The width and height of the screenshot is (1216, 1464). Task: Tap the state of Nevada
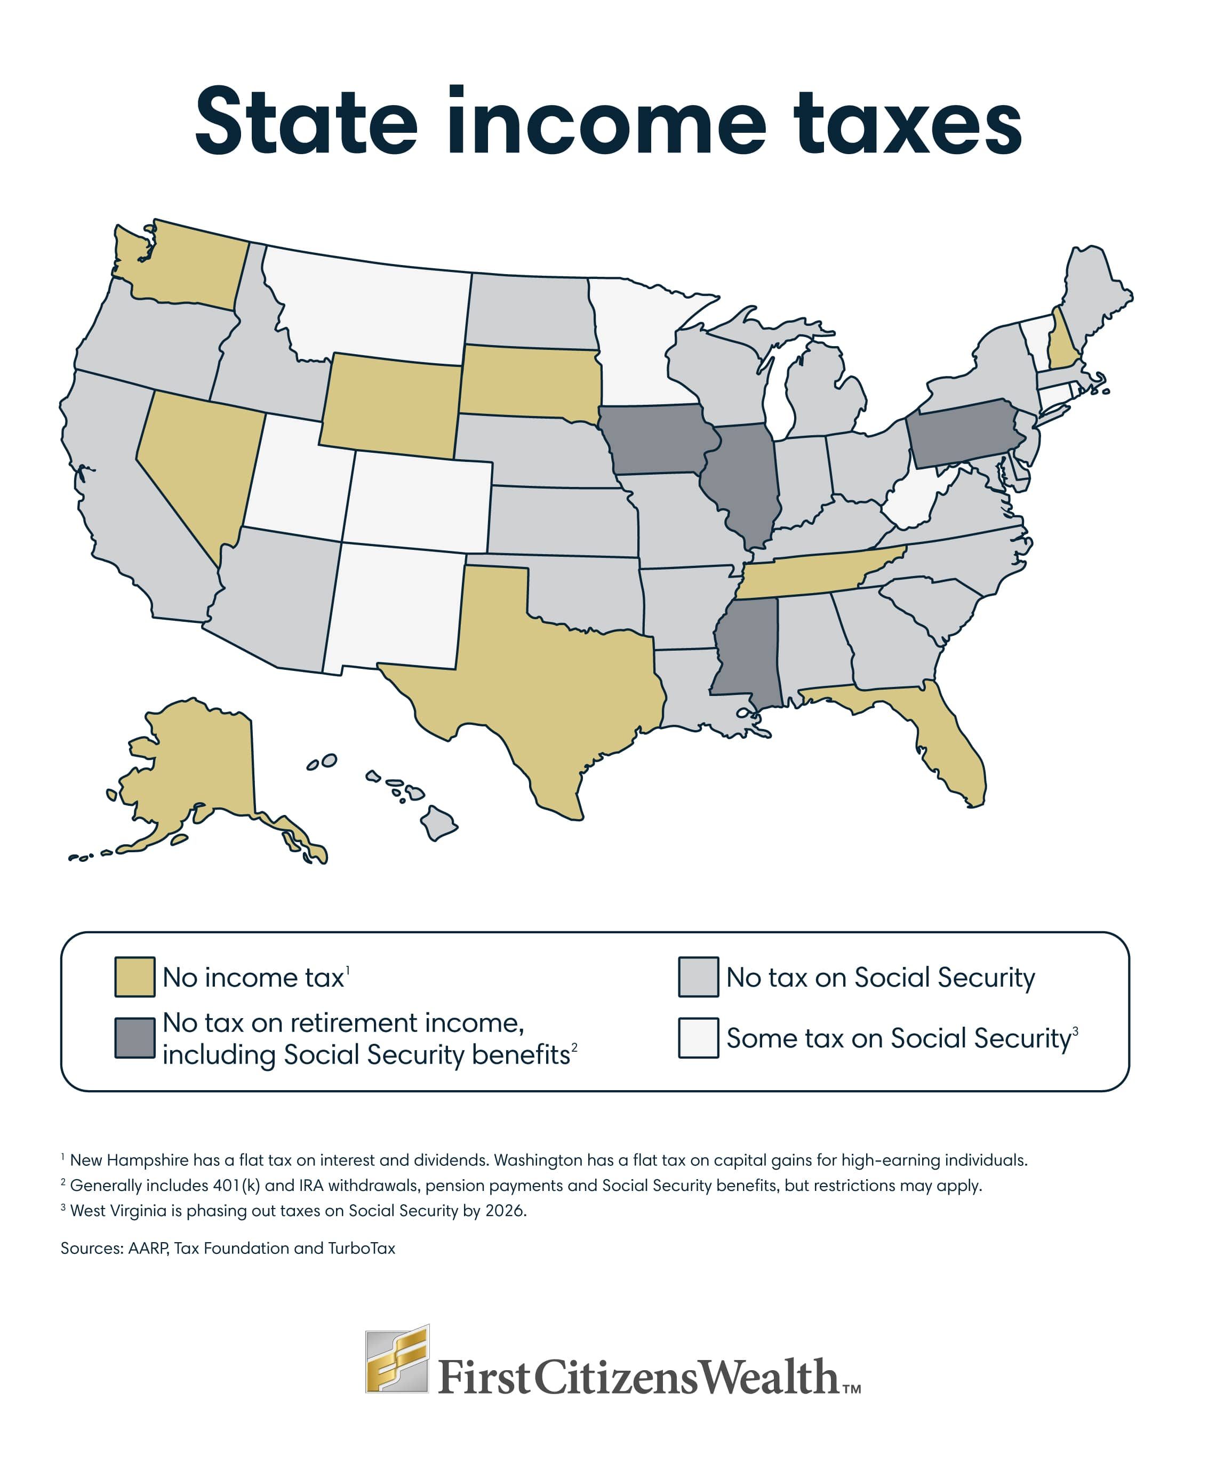[199, 460]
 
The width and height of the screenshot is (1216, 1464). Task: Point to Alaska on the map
[195, 767]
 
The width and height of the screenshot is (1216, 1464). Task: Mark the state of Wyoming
[390, 404]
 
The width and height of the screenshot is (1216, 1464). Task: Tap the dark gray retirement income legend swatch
[134, 1038]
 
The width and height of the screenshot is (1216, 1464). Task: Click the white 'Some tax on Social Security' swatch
[698, 1038]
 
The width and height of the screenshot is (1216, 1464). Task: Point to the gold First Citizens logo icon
[397, 1359]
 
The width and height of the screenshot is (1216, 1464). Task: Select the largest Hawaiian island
[437, 822]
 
